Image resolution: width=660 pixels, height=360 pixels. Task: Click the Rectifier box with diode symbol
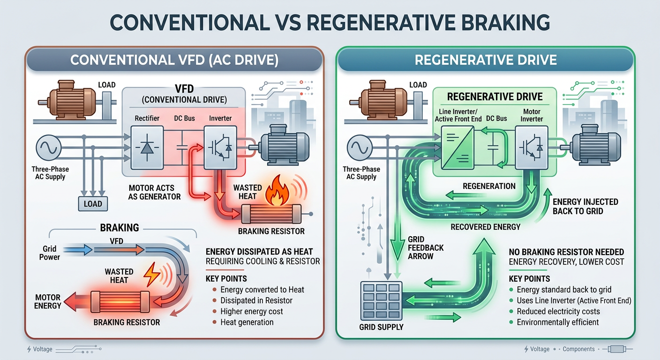point(147,147)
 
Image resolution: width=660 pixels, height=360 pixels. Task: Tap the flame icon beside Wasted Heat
point(277,190)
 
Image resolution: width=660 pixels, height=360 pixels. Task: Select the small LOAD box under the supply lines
point(93,203)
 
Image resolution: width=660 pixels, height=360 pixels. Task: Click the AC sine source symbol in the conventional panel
point(49,147)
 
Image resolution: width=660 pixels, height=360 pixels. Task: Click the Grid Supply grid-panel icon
point(381,301)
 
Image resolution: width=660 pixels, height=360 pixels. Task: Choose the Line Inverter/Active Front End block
point(457,147)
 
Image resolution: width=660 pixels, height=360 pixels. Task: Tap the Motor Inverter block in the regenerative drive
point(532,147)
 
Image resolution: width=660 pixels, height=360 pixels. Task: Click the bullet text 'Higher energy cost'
point(252,311)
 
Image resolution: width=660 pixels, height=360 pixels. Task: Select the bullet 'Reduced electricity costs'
point(558,311)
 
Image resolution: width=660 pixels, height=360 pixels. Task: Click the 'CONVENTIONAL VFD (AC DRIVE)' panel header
point(174,60)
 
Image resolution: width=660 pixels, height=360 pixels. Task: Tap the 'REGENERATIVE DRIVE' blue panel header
point(486,60)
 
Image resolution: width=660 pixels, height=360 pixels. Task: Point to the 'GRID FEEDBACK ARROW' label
point(426,248)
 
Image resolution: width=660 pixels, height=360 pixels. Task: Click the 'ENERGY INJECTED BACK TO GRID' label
point(585,207)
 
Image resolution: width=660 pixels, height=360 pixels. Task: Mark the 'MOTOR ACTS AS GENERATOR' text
point(154,192)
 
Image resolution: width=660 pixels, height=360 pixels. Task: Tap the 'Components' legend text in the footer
point(579,349)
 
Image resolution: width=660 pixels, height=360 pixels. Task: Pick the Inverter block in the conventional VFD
point(220,147)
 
